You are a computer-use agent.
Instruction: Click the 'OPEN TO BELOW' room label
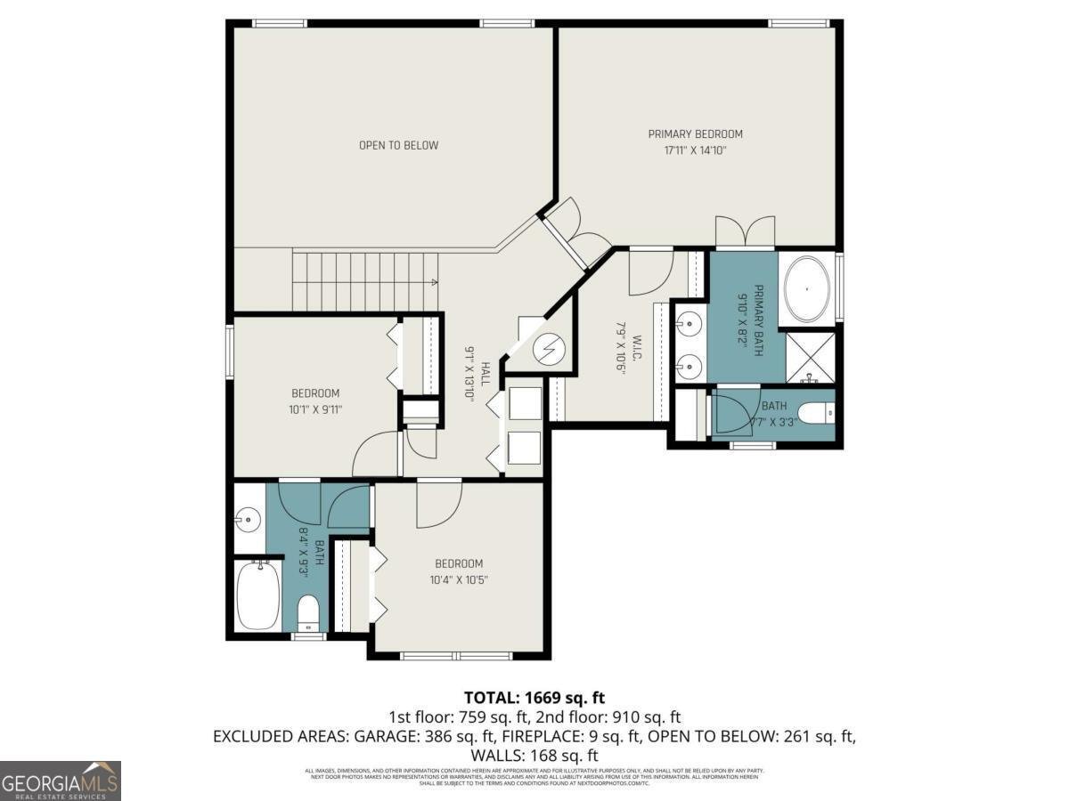398,145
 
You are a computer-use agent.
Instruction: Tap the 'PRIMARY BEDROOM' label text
695,134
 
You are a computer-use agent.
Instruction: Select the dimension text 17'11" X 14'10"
695,150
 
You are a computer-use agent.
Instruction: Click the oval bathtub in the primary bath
807,289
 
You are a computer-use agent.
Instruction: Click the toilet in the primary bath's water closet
816,413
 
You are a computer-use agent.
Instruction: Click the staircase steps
365,281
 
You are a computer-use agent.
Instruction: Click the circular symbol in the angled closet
550,348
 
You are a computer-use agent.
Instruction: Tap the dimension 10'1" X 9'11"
315,409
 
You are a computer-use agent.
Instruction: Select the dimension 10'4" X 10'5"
459,579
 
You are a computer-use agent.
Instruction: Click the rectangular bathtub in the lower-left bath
258,594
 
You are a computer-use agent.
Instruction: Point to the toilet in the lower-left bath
307,611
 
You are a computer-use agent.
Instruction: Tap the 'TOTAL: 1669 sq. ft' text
534,697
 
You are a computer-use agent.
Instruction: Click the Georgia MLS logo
61,781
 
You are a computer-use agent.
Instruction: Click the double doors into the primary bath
745,232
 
